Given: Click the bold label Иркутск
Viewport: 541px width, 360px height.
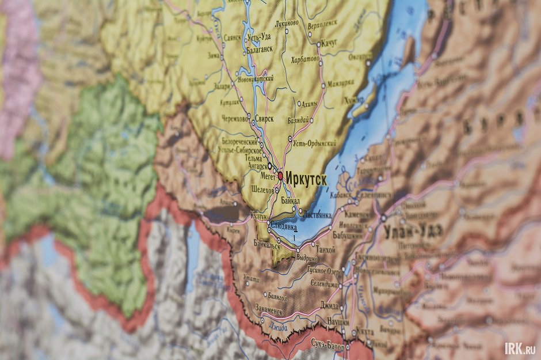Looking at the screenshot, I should click(306, 180).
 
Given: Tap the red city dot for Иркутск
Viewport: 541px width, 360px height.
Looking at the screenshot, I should click(280, 176).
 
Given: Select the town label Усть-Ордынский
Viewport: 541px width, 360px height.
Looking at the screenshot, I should click(314, 142).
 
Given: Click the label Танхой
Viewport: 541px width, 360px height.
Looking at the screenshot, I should click(326, 250).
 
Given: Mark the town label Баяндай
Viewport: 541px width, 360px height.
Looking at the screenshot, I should click(299, 120).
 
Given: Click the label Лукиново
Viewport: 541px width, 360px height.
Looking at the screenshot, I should click(287, 23).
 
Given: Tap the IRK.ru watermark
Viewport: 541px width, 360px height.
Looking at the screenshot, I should click(520, 348).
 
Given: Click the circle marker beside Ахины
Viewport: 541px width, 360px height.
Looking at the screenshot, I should click(299, 104).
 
